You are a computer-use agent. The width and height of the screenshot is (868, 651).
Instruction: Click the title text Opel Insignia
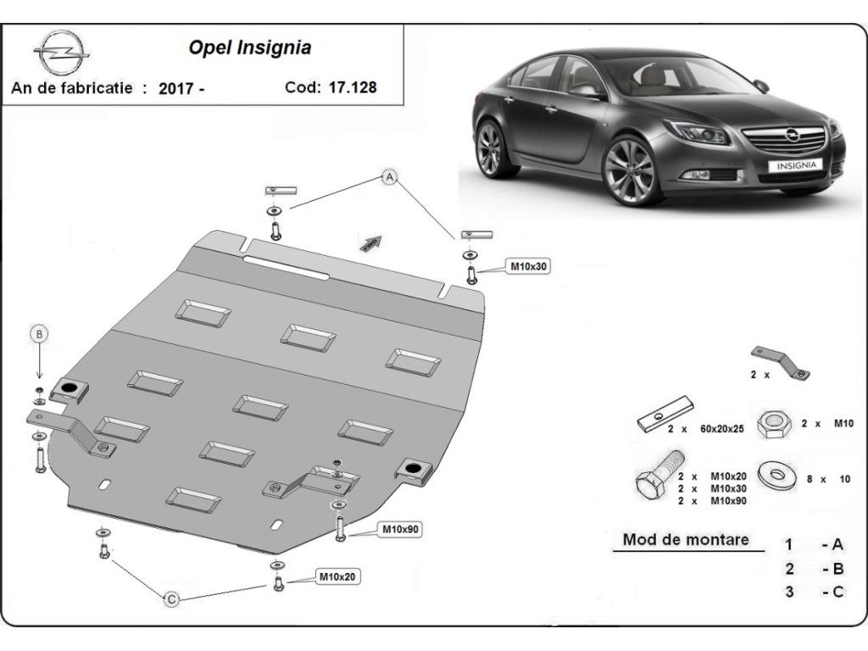[x=249, y=47]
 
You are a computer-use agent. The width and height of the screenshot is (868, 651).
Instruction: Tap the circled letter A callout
[x=390, y=177]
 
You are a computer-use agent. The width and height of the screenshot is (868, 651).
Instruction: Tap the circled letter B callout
[x=40, y=334]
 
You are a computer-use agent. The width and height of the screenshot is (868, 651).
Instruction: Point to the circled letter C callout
[x=171, y=600]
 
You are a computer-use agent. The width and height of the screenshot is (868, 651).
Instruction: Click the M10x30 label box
[x=529, y=266]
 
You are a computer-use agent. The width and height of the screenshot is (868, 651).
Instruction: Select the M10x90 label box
[x=401, y=530]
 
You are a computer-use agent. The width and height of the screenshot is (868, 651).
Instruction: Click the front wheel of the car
[x=630, y=170]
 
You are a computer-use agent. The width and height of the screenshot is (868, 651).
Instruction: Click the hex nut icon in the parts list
[x=772, y=421]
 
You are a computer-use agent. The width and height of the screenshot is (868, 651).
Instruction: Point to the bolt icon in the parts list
[x=654, y=478]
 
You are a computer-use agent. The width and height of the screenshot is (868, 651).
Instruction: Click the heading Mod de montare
[x=686, y=539]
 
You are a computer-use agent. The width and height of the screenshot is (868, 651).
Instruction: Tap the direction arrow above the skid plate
[x=371, y=242]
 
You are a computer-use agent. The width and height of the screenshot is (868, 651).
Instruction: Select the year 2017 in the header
[x=175, y=88]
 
